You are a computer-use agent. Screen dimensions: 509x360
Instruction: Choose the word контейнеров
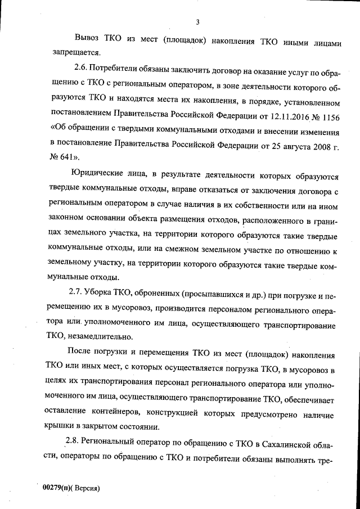[124, 411]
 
